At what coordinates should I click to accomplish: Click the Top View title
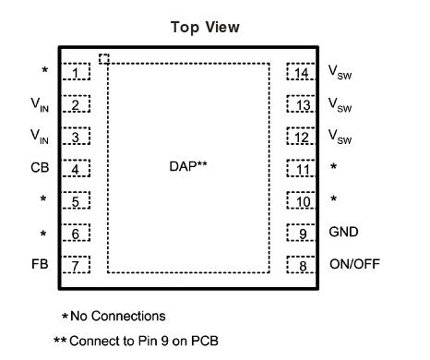[205, 28]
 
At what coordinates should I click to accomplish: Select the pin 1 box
[77, 72]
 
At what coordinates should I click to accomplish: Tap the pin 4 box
[77, 169]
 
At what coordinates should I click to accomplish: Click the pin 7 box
[77, 265]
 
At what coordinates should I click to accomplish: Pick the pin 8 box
[300, 265]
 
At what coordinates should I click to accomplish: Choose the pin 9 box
[300, 233]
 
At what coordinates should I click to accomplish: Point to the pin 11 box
[300, 169]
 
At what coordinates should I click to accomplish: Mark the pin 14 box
[300, 72]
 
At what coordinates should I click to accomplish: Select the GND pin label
[343, 233]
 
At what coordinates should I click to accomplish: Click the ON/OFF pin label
[354, 265]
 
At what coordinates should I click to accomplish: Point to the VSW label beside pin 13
[340, 105]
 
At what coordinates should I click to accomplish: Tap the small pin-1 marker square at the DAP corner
[104, 59]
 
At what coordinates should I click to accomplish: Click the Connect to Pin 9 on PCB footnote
[138, 340]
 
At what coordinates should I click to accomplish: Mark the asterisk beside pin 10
[333, 200]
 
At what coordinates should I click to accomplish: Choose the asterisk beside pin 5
[42, 200]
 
